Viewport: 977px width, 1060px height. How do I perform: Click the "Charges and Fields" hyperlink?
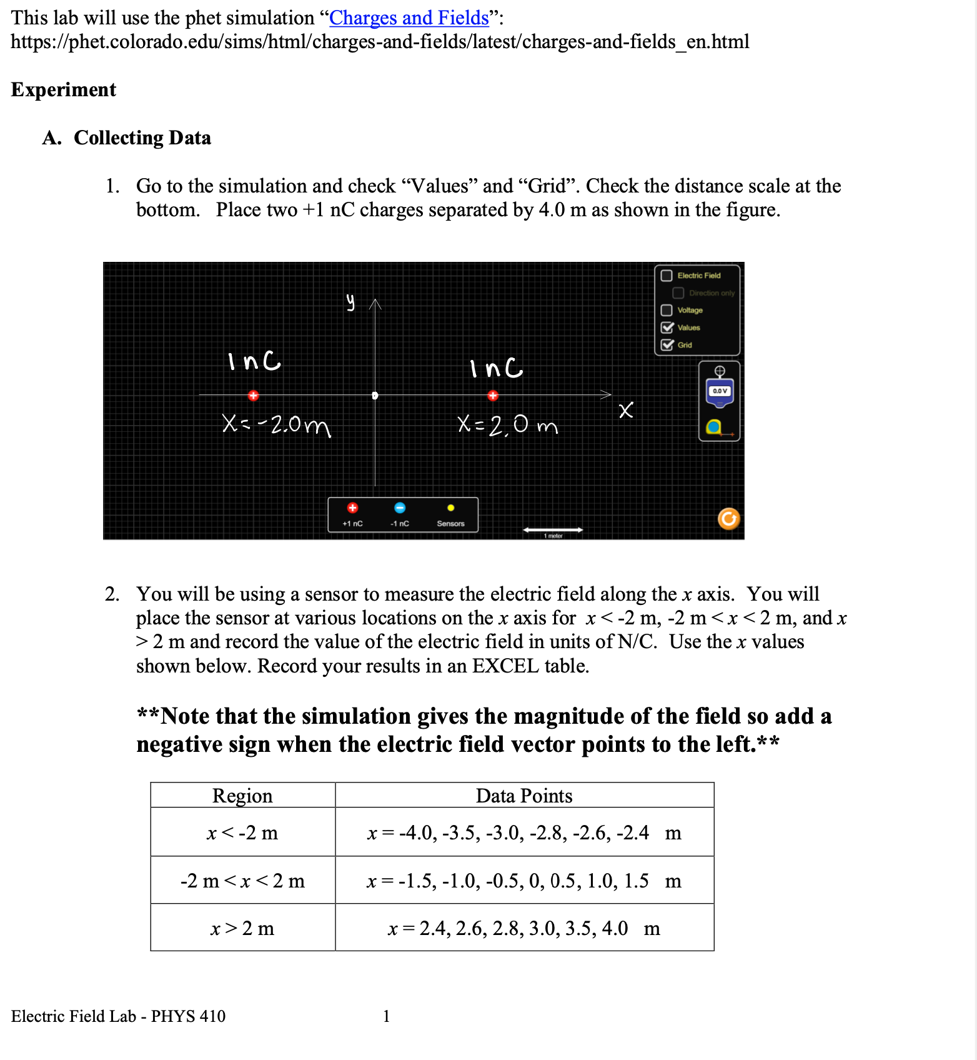pos(409,17)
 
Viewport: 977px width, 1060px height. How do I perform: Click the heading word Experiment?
pos(64,90)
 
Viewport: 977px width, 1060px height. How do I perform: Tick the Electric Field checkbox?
pos(667,276)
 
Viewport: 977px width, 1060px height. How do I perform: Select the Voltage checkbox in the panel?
pos(667,310)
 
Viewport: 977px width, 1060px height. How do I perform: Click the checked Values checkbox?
pos(667,327)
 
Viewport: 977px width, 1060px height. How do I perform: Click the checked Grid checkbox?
pos(667,345)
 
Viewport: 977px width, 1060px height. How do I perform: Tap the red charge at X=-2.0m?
pos(253,395)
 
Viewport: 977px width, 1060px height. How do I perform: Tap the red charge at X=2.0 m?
pos(493,395)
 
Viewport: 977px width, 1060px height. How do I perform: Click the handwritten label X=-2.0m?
pos(276,425)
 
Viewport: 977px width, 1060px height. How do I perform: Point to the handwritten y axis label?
pos(351,302)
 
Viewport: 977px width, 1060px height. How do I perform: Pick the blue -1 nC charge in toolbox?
pos(400,507)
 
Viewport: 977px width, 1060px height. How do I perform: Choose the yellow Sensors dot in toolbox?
pos(450,508)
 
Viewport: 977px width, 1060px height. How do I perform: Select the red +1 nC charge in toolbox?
pos(352,507)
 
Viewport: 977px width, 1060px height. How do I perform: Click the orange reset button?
pos(728,519)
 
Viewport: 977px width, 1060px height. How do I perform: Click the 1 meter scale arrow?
pos(553,530)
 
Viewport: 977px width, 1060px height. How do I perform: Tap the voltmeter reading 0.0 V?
pos(720,391)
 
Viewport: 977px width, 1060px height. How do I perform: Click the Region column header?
pos(242,796)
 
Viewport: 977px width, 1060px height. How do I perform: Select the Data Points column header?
pos(524,796)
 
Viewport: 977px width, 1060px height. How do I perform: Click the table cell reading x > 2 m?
pos(242,928)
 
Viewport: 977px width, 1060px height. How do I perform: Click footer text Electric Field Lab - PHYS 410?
pos(118,1016)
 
